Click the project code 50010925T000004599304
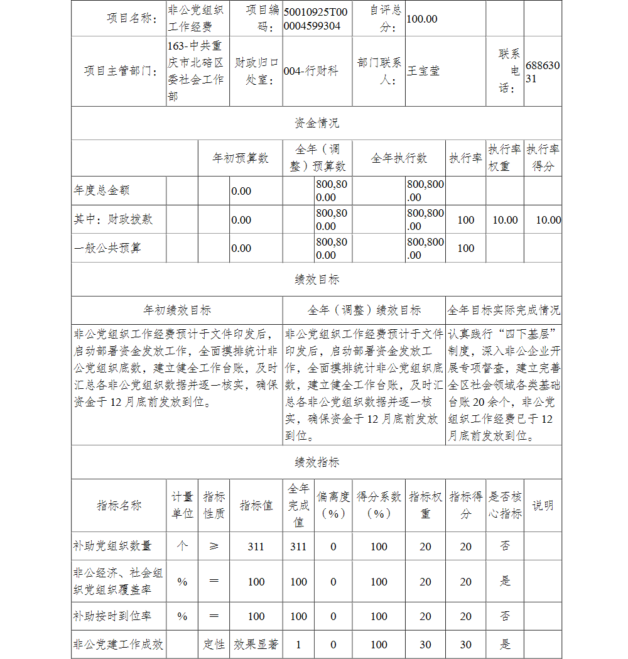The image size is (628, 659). [x=317, y=19]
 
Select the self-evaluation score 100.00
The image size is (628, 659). [x=422, y=19]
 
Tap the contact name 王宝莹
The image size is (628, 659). [x=423, y=71]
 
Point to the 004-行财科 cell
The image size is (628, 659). [x=311, y=71]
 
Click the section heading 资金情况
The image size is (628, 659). [x=317, y=123]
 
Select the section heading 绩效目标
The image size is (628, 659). [x=317, y=280]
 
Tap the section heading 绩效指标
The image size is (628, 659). [x=317, y=462]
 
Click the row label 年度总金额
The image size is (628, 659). [x=102, y=190]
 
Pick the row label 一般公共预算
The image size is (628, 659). [x=107, y=248]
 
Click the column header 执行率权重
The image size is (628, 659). [x=504, y=158]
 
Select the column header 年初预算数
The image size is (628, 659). [x=241, y=158]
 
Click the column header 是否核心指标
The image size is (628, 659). [x=505, y=505]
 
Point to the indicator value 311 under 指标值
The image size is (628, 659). [x=256, y=547]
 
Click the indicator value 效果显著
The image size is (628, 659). [x=256, y=645]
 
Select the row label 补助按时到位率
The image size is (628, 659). [x=112, y=616]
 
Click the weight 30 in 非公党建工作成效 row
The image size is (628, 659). [x=425, y=645]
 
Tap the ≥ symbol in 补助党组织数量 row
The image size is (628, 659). [x=214, y=547]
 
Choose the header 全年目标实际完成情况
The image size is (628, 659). [x=504, y=310]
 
